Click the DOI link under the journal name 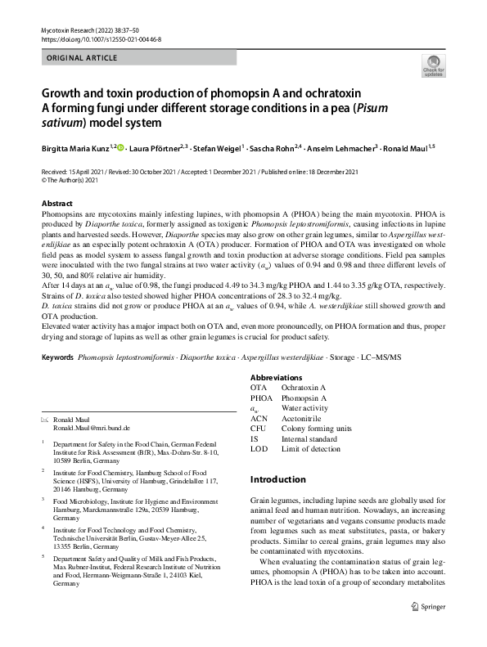click(101, 38)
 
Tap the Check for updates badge click(432, 66)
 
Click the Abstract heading click(56, 204)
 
